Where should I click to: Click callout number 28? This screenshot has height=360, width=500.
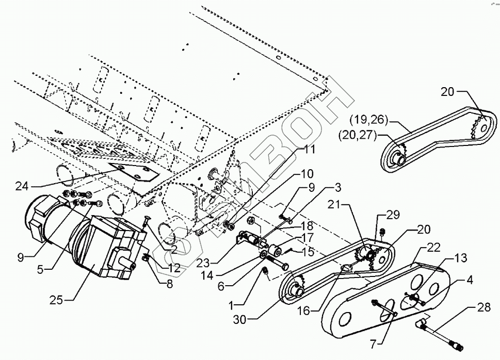click(483, 308)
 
